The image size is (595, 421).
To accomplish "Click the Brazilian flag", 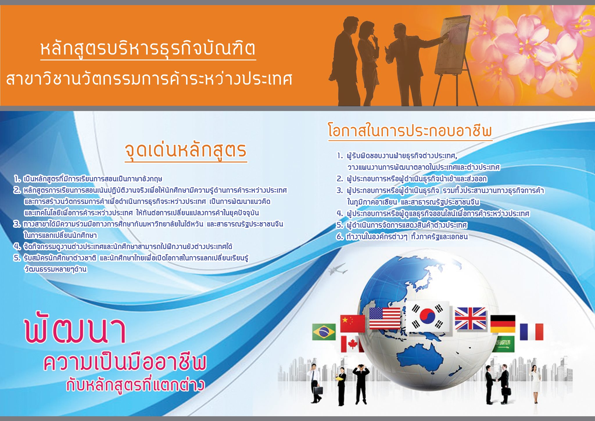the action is pyautogui.click(x=324, y=332).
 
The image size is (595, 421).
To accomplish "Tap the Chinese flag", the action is pyautogui.click(x=352, y=324).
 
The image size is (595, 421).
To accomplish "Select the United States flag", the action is pyautogui.click(x=385, y=318).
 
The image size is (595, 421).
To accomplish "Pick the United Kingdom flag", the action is pyautogui.click(x=470, y=319).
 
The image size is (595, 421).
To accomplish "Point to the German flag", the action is pyautogui.click(x=503, y=324).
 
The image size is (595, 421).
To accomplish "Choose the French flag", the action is pyautogui.click(x=531, y=332).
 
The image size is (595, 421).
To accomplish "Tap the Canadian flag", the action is pyautogui.click(x=352, y=344).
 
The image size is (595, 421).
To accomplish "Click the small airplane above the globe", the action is pyautogui.click(x=338, y=269).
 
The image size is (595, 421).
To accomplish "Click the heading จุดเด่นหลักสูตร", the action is pyautogui.click(x=186, y=150).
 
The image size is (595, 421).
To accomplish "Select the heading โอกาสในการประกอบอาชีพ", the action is pyautogui.click(x=410, y=131).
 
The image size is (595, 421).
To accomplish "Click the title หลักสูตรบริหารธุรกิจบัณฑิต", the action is pyautogui.click(x=148, y=49).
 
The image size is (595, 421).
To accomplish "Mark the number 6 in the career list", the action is pyautogui.click(x=340, y=237).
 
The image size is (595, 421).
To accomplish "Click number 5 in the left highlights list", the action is pyautogui.click(x=17, y=258).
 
